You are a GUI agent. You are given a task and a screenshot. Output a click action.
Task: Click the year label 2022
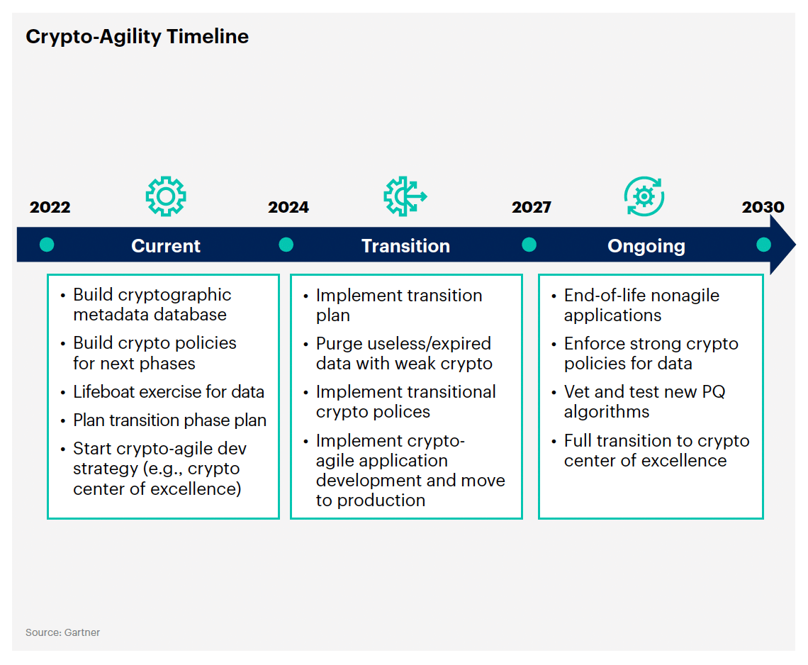(x=50, y=207)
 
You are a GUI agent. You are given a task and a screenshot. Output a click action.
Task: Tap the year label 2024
(x=288, y=207)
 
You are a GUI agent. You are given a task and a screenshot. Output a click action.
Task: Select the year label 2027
(x=532, y=207)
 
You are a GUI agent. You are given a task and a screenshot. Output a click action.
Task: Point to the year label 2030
(x=763, y=207)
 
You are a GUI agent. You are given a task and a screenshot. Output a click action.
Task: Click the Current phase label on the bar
(x=165, y=246)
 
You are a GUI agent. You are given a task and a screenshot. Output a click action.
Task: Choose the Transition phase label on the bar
(x=405, y=246)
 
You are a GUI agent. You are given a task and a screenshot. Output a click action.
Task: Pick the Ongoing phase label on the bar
(x=646, y=247)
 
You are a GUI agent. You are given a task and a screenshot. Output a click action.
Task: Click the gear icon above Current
(x=165, y=196)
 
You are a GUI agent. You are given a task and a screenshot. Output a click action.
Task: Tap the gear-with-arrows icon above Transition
(x=405, y=196)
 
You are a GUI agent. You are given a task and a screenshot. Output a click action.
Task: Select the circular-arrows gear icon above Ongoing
(x=644, y=196)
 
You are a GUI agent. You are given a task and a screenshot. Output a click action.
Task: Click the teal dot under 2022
(x=47, y=245)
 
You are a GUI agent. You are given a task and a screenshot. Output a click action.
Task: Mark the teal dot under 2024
(x=286, y=245)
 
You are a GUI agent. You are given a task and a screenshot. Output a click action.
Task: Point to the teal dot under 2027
(x=529, y=245)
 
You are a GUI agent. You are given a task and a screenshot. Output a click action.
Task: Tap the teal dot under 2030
(x=763, y=245)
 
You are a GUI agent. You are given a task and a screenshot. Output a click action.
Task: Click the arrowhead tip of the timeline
(x=795, y=245)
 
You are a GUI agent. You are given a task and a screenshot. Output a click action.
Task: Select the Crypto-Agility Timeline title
(x=137, y=37)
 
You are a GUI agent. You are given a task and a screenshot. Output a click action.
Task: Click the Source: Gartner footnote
(x=62, y=632)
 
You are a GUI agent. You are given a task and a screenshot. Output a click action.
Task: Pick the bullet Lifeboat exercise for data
(x=169, y=392)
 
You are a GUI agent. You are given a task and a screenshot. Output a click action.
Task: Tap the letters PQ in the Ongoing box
(x=714, y=392)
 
